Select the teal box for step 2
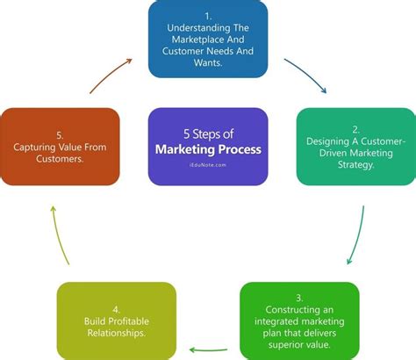355,146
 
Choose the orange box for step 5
61,146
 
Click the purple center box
208,146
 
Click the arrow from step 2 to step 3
359,234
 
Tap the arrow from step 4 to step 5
58,234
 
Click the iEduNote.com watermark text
208,162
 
